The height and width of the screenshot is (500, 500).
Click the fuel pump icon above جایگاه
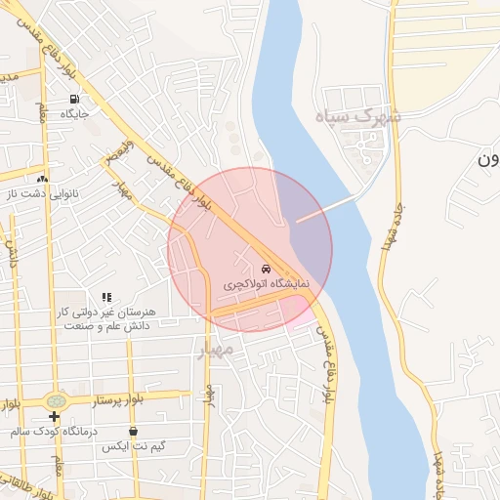74,100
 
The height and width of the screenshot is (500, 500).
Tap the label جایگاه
75,115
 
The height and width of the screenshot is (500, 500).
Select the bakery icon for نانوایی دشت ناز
42,180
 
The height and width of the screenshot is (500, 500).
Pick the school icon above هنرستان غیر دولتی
106,296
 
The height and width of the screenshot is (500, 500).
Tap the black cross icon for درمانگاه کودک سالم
55,417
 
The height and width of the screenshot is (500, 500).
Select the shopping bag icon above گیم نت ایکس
133,431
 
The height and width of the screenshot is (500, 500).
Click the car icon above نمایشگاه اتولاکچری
266,269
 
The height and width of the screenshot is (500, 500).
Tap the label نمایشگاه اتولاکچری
266,284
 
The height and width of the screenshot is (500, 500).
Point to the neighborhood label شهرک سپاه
358,116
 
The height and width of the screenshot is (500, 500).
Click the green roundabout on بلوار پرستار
57,401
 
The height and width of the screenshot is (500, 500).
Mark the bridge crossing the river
325,208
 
